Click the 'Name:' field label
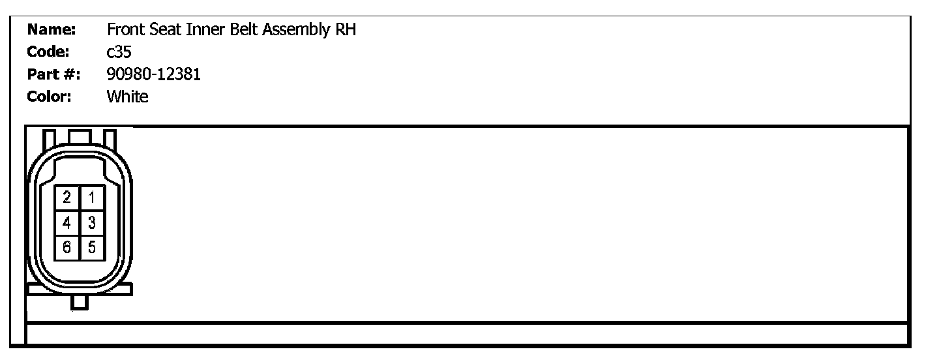(x=52, y=30)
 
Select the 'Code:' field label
(x=48, y=52)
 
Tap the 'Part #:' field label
(x=53, y=74)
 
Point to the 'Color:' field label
(x=49, y=97)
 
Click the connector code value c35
(x=119, y=52)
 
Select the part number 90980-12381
(x=153, y=74)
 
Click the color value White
(x=127, y=97)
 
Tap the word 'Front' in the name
(x=123, y=30)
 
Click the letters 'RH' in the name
(x=346, y=30)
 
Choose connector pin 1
(x=92, y=198)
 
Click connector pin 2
(x=67, y=198)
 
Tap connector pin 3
(x=92, y=223)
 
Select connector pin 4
(x=67, y=223)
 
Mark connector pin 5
(x=92, y=247)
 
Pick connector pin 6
(x=67, y=247)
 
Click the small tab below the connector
(x=80, y=302)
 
